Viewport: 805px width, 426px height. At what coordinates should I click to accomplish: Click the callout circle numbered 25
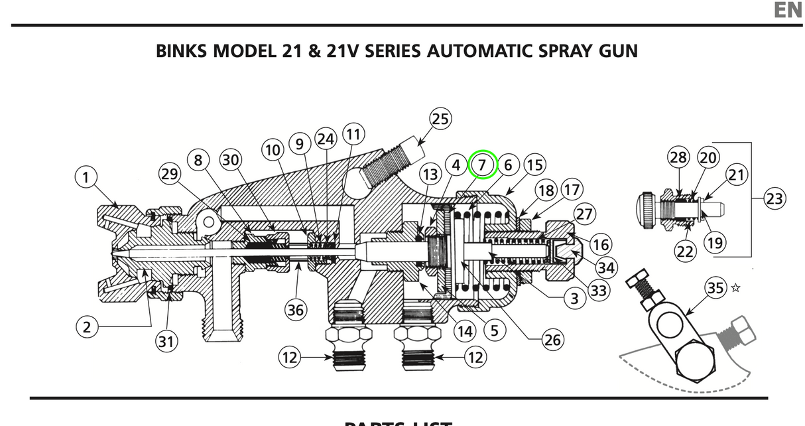pos(440,119)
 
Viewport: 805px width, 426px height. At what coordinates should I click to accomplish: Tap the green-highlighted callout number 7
pos(482,165)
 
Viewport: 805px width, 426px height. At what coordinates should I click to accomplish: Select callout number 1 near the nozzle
pos(86,177)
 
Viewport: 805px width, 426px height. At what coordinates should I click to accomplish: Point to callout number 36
pos(296,309)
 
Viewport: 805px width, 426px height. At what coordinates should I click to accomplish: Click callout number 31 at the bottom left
pos(166,341)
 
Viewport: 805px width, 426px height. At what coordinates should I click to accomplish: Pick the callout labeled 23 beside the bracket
pos(774,198)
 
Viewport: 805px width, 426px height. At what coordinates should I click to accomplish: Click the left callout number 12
pos(289,358)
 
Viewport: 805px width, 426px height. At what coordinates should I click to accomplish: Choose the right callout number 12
pos(475,358)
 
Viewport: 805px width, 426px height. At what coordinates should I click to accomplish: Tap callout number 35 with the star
pos(715,288)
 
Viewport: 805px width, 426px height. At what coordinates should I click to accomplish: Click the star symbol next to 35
pos(735,288)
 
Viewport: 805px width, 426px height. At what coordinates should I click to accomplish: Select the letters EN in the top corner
pos(788,11)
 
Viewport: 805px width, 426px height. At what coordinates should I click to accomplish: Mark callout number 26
pos(552,340)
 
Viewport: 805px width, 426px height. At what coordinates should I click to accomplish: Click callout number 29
pos(170,175)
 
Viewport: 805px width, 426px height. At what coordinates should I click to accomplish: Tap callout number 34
pos(606,268)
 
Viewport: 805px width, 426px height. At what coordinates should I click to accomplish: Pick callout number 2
pos(86,326)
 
